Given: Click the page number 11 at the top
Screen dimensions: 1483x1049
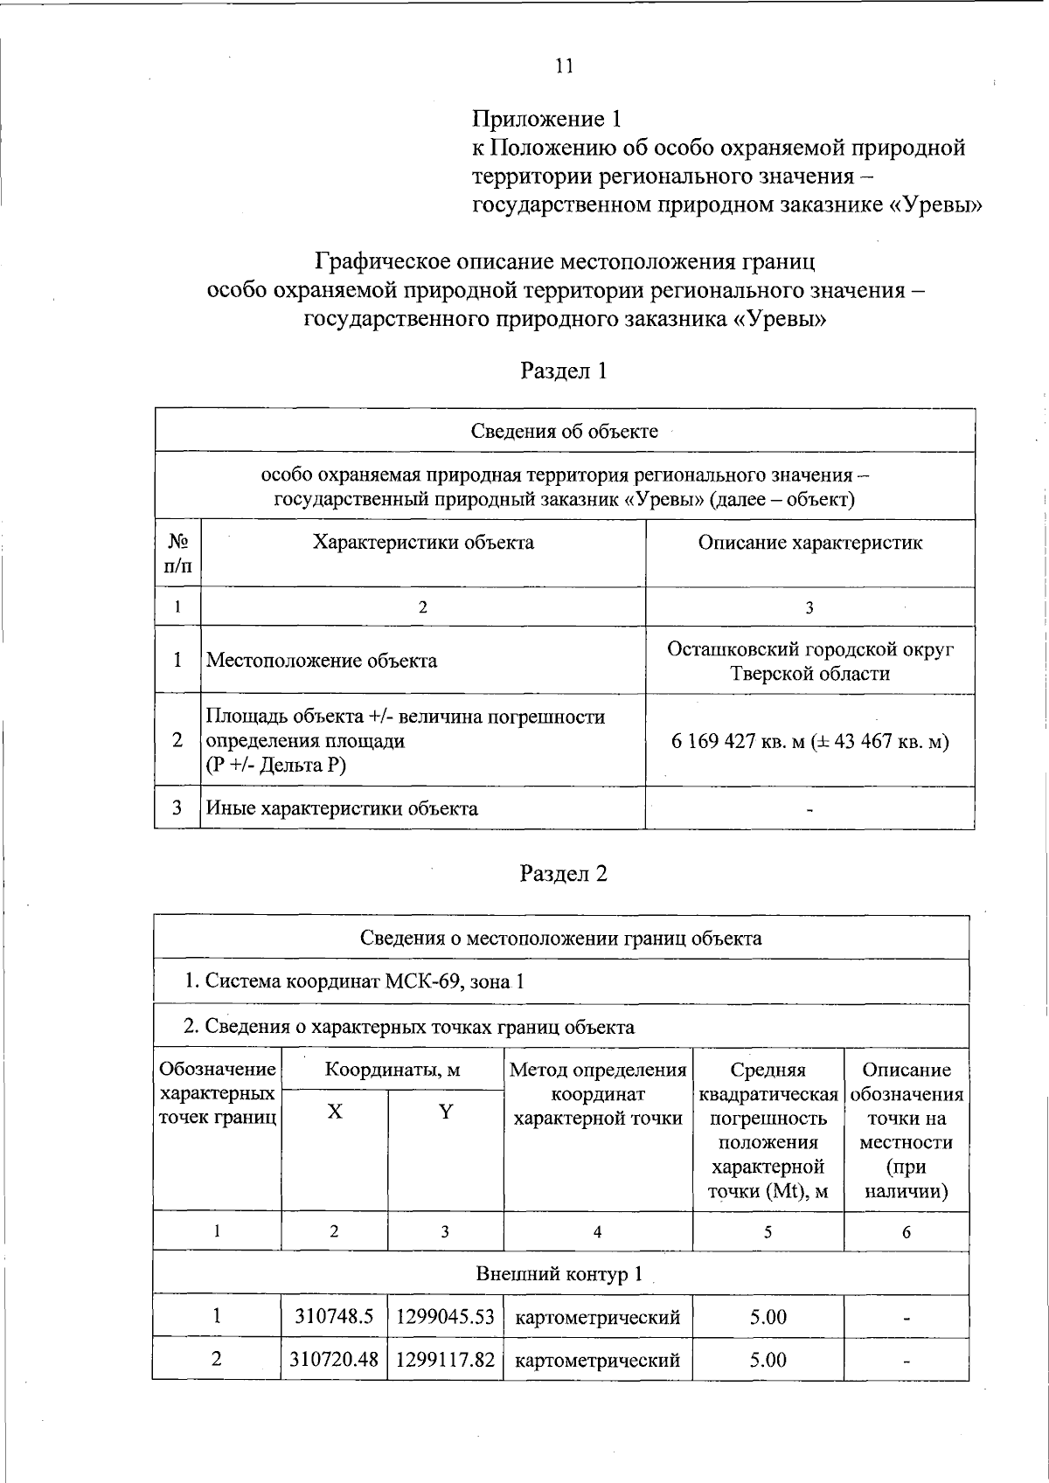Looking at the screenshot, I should click(x=564, y=66).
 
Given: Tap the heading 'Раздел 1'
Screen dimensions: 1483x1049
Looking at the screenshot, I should click(x=564, y=371).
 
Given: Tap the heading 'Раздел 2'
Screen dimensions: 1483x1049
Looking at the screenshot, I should click(x=564, y=873).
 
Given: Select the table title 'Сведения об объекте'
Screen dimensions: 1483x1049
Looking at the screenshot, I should click(x=564, y=431).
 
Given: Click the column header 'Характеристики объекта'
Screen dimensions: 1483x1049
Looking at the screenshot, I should click(x=423, y=543).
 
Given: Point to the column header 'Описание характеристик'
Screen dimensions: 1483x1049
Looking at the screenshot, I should click(x=809, y=543).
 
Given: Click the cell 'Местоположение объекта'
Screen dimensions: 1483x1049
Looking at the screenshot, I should click(x=322, y=661).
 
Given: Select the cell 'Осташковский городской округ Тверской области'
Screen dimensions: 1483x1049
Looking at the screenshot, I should click(x=809, y=662).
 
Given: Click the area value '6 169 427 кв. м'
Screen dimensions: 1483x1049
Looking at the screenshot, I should click(x=740, y=742).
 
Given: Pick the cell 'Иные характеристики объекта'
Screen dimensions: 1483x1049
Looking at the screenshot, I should click(x=342, y=808).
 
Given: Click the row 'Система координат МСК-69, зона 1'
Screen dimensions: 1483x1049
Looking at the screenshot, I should click(x=354, y=981).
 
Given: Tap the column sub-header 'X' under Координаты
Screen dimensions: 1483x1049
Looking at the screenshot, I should click(x=335, y=1112).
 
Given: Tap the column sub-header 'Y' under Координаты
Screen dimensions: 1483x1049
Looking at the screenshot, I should click(x=446, y=1112).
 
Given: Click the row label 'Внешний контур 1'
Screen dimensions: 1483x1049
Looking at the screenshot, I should click(x=559, y=1274).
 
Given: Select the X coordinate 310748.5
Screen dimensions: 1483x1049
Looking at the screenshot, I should click(x=334, y=1317).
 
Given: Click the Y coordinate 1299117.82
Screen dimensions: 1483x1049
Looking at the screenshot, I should click(x=446, y=1360).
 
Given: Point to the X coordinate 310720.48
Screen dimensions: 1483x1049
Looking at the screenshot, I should click(x=334, y=1360).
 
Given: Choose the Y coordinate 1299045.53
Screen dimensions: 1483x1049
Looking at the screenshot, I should click(x=446, y=1317).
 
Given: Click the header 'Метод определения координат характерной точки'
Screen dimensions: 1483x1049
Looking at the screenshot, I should click(x=598, y=1094).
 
